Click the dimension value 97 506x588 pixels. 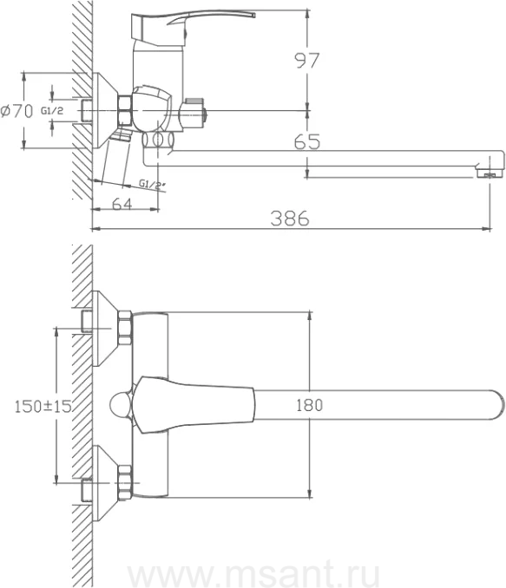click(x=307, y=61)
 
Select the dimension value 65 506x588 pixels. click(x=307, y=141)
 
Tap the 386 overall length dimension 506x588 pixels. click(x=290, y=219)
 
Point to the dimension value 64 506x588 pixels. click(x=122, y=204)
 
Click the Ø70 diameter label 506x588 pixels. click(x=16, y=111)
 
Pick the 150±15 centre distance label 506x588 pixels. click(x=43, y=406)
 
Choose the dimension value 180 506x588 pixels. click(x=309, y=405)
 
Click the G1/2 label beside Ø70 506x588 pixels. click(x=52, y=111)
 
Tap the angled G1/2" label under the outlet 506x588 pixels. click(x=151, y=185)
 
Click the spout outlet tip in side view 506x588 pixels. click(x=490, y=173)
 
